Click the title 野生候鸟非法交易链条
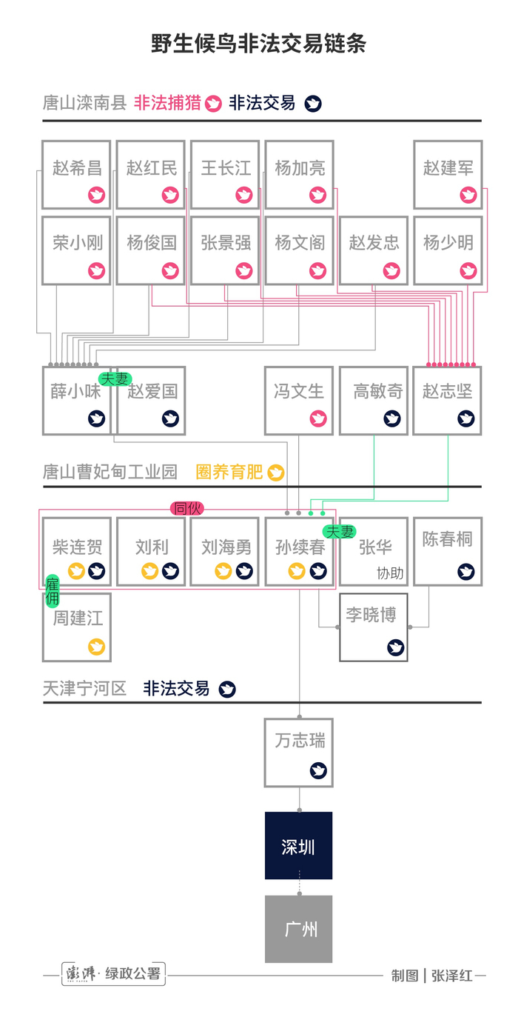(258, 44)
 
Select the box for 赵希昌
(76, 175)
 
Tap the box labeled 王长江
(225, 175)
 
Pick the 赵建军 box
(448, 175)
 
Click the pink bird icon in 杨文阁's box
(318, 271)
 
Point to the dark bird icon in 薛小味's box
(96, 418)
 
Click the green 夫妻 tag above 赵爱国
(115, 378)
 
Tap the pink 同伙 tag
(186, 508)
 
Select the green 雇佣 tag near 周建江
(53, 590)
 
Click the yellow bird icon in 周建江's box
(96, 647)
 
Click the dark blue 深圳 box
(299, 846)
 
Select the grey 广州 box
(299, 929)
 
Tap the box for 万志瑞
(299, 752)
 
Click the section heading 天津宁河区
(84, 688)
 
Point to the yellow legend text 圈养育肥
(229, 472)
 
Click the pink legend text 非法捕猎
(167, 103)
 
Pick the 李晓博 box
(373, 627)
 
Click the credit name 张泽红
(451, 975)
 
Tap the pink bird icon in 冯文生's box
(318, 418)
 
